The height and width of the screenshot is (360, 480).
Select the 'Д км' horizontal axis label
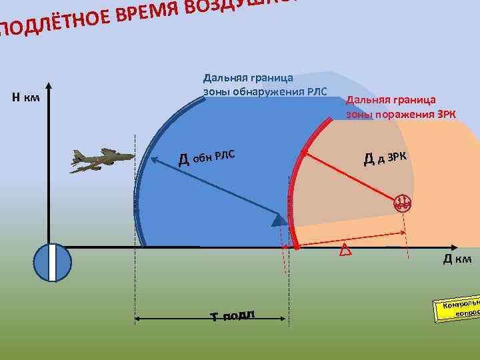point(457,259)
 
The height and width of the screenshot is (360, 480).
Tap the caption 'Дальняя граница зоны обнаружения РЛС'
point(265,85)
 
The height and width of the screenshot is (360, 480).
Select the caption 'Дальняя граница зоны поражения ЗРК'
point(401,107)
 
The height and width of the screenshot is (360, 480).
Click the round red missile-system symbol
point(402,203)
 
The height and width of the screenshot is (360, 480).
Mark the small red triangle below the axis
point(345,251)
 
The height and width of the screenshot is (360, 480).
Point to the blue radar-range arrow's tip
point(151,159)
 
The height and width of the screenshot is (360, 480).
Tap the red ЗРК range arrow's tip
point(301,153)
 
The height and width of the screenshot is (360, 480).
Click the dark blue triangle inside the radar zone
point(278,221)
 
